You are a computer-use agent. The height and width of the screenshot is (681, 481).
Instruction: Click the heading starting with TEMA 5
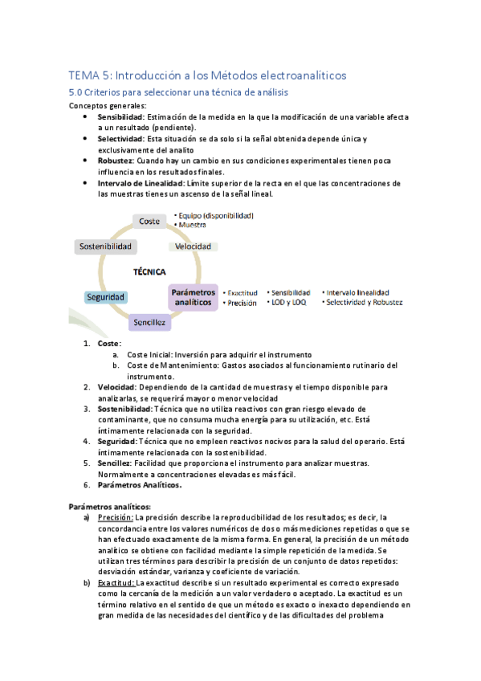click(207, 75)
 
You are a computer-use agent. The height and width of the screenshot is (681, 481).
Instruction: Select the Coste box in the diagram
click(149, 221)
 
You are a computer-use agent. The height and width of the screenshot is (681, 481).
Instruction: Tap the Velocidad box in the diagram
click(193, 246)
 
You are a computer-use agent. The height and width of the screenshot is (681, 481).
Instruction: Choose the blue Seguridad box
click(105, 297)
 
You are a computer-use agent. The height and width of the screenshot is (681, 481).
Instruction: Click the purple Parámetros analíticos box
click(193, 297)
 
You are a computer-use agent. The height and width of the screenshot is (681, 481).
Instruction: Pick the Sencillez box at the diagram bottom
click(149, 322)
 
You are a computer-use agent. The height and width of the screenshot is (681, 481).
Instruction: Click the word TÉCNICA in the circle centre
click(149, 272)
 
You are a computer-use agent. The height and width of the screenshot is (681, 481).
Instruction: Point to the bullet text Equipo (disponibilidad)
click(215, 215)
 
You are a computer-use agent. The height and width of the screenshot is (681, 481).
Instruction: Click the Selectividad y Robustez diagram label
click(362, 303)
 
